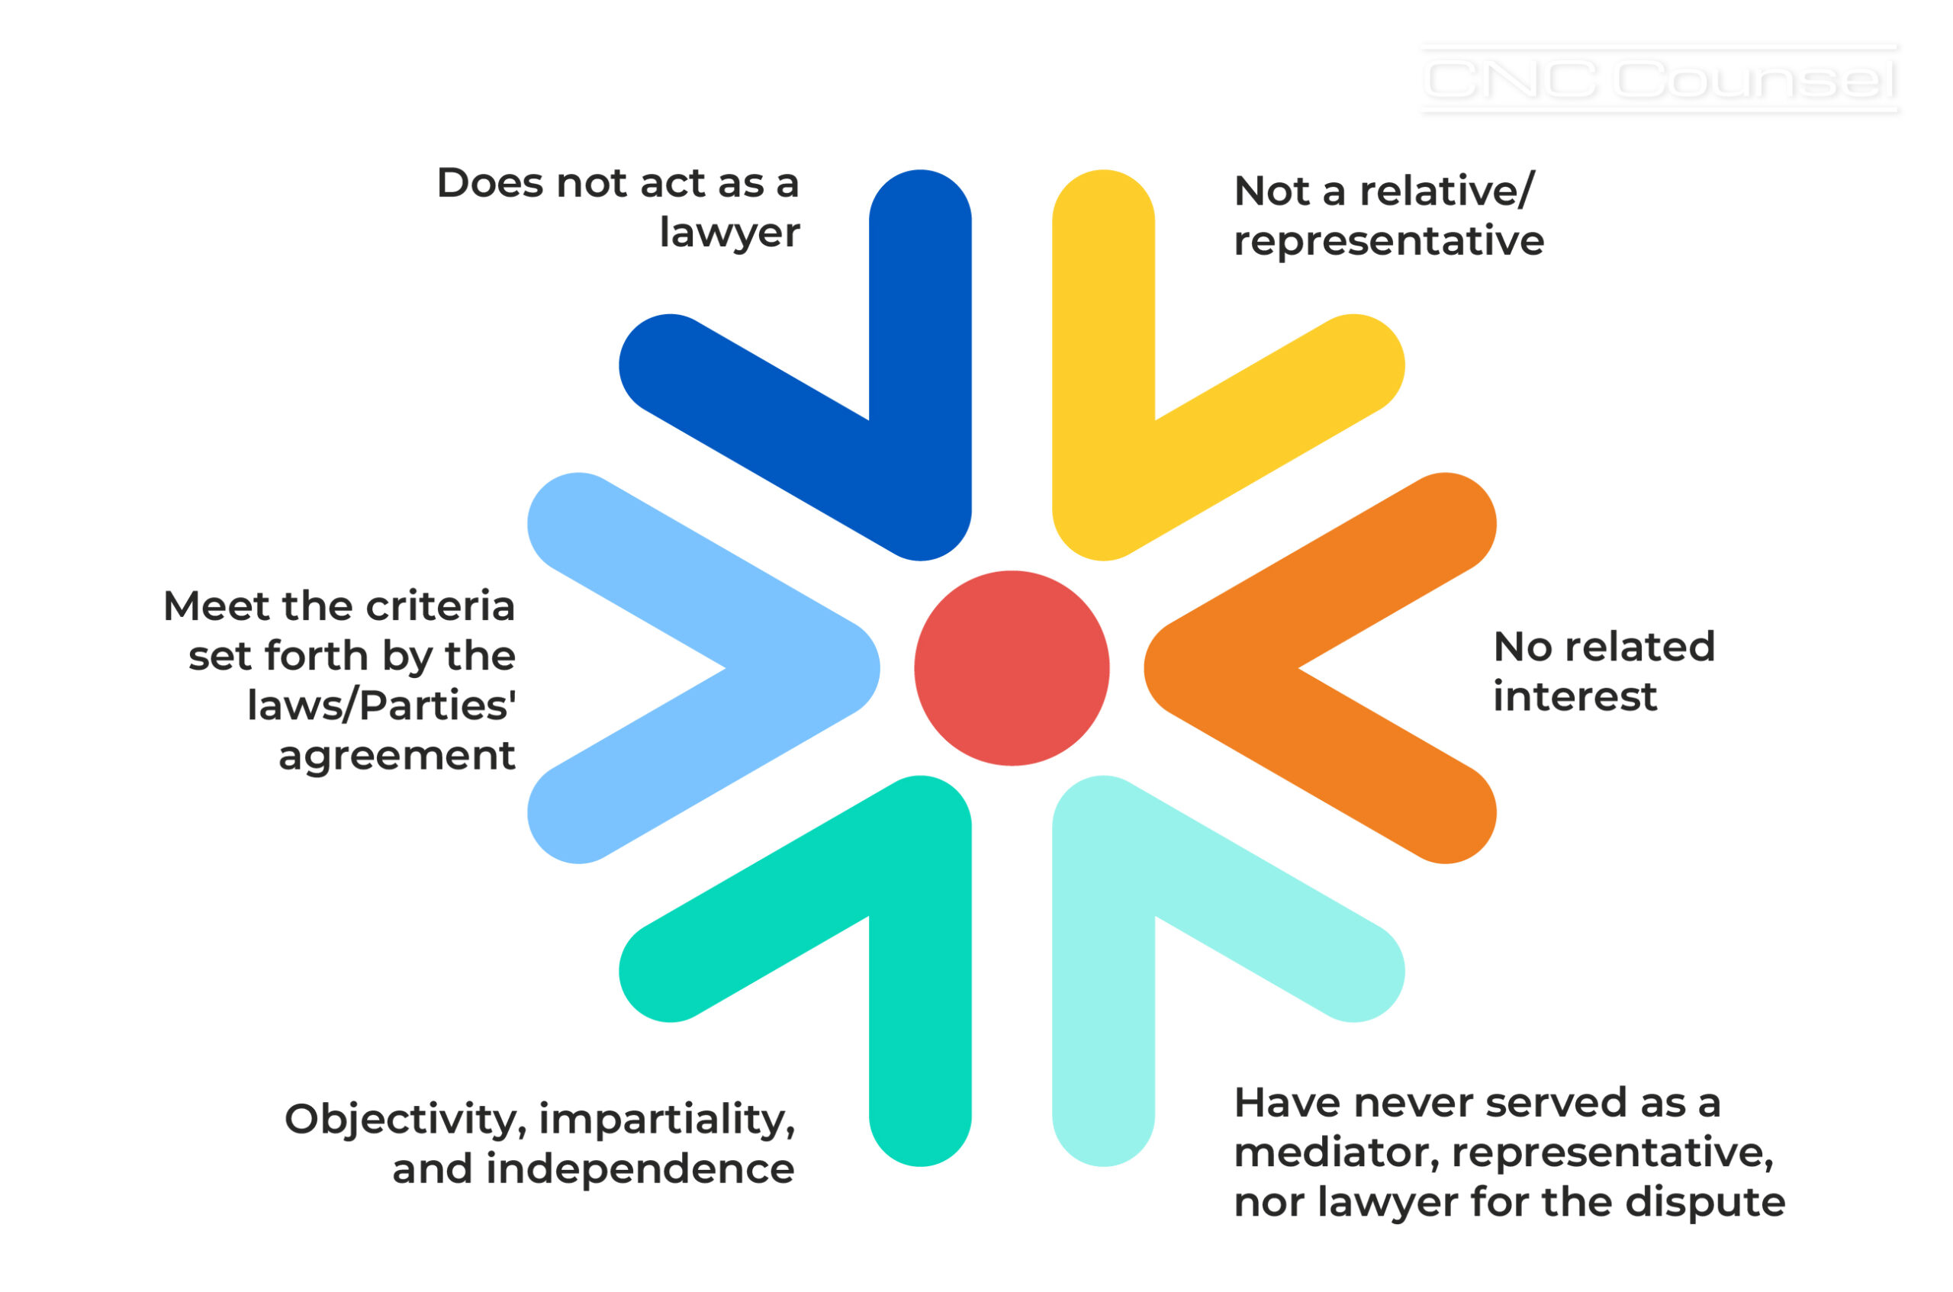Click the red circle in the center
click(1011, 668)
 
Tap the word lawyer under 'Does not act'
click(729, 233)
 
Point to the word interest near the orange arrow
click(1574, 697)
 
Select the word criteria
click(440, 606)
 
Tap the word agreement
click(397, 756)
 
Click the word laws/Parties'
click(381, 705)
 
